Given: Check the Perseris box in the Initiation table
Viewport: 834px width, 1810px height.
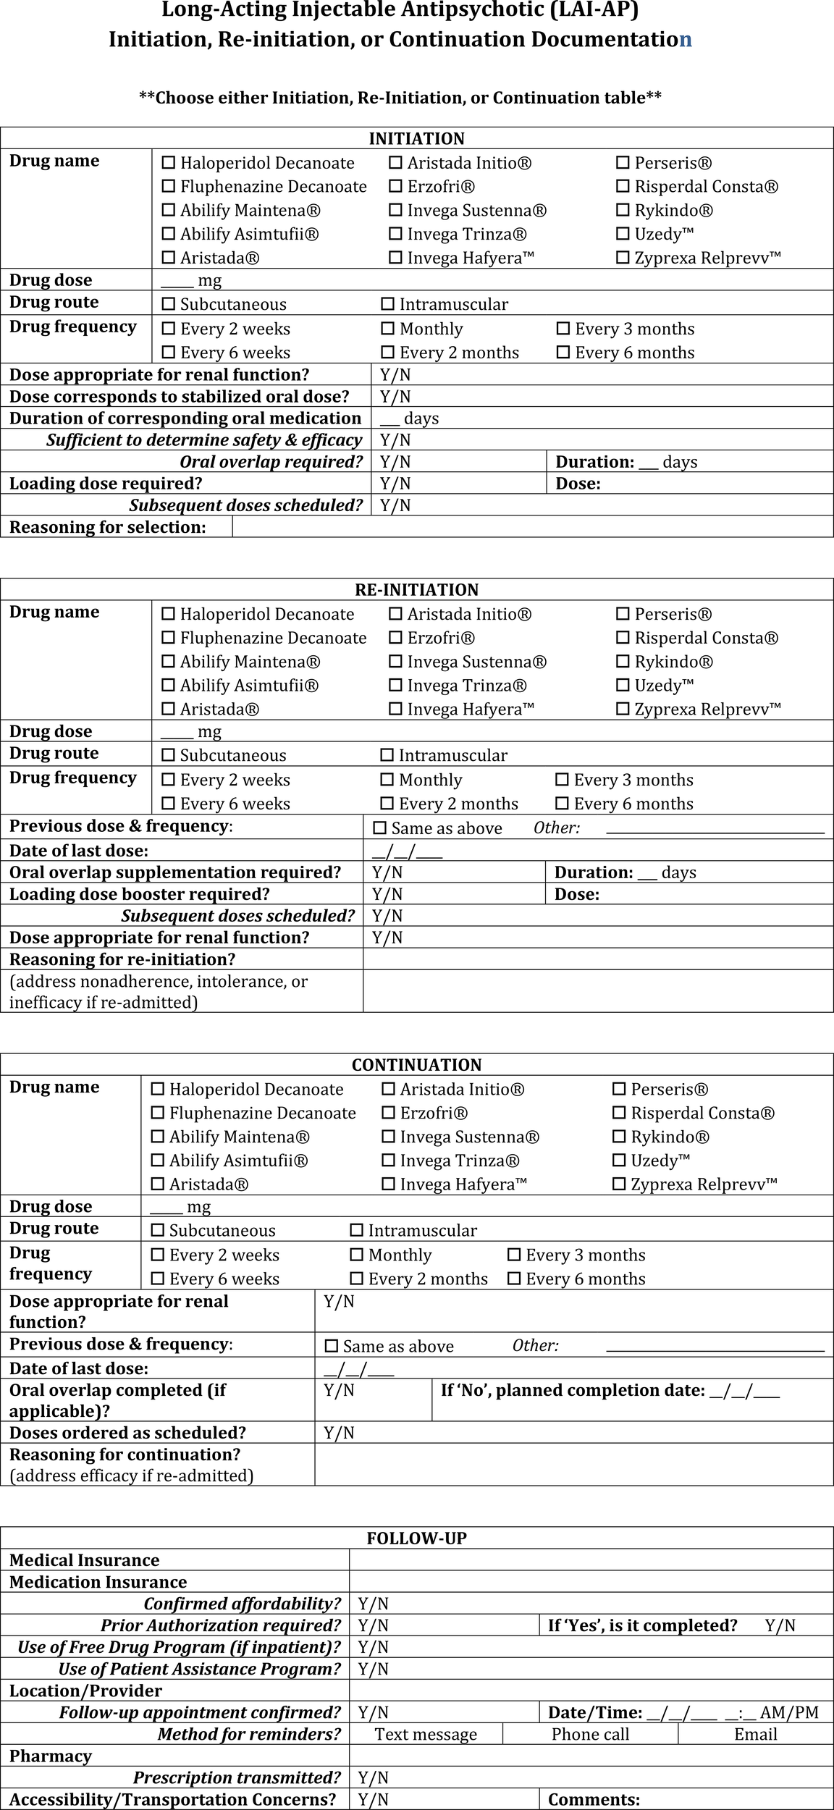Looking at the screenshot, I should coord(623,163).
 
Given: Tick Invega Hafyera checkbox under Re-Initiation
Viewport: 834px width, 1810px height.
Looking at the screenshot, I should coord(395,709).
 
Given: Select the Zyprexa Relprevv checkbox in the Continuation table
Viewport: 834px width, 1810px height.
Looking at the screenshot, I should coord(619,1184).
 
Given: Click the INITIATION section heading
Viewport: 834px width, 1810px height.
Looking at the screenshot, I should coord(416,138).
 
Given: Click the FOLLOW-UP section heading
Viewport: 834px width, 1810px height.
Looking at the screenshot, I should coord(416,1538).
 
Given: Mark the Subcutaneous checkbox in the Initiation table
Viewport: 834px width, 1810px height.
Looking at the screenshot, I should coord(169,304).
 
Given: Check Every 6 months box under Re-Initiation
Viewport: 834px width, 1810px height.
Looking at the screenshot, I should coord(562,803).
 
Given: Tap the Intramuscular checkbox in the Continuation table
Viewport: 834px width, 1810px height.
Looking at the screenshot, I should coord(356,1230).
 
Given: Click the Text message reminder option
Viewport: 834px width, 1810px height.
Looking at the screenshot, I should coord(426,1734).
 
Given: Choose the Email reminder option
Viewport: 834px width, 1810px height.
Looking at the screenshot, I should coord(755,1734).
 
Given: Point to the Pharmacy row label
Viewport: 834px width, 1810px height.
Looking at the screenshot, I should coord(50,1756).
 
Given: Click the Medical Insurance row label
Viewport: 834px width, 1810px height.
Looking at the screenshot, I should coord(84,1560).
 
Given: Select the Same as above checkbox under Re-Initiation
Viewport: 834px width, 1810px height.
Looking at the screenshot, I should coord(379,828).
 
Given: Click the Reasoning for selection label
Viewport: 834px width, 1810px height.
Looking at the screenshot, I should coord(107,527).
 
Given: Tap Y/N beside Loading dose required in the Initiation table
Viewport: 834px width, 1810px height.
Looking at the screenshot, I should coord(395,484).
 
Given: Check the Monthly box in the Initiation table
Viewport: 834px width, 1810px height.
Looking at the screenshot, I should coord(388,329).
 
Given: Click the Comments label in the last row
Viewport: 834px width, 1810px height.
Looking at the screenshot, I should coord(594,1799).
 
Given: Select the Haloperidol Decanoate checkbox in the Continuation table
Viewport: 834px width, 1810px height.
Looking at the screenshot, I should coord(157,1089).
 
